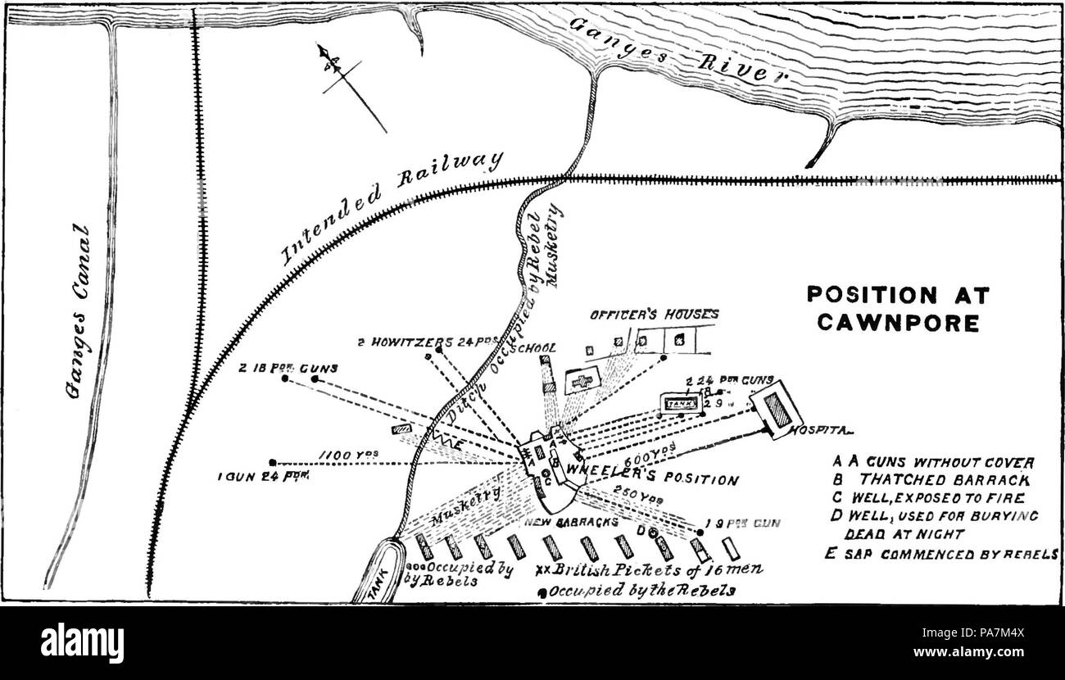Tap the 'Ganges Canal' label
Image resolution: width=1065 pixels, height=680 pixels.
[x=79, y=320]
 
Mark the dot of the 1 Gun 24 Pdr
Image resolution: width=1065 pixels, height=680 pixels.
[x=272, y=462]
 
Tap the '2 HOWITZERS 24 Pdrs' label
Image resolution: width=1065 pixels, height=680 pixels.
[x=414, y=341]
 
